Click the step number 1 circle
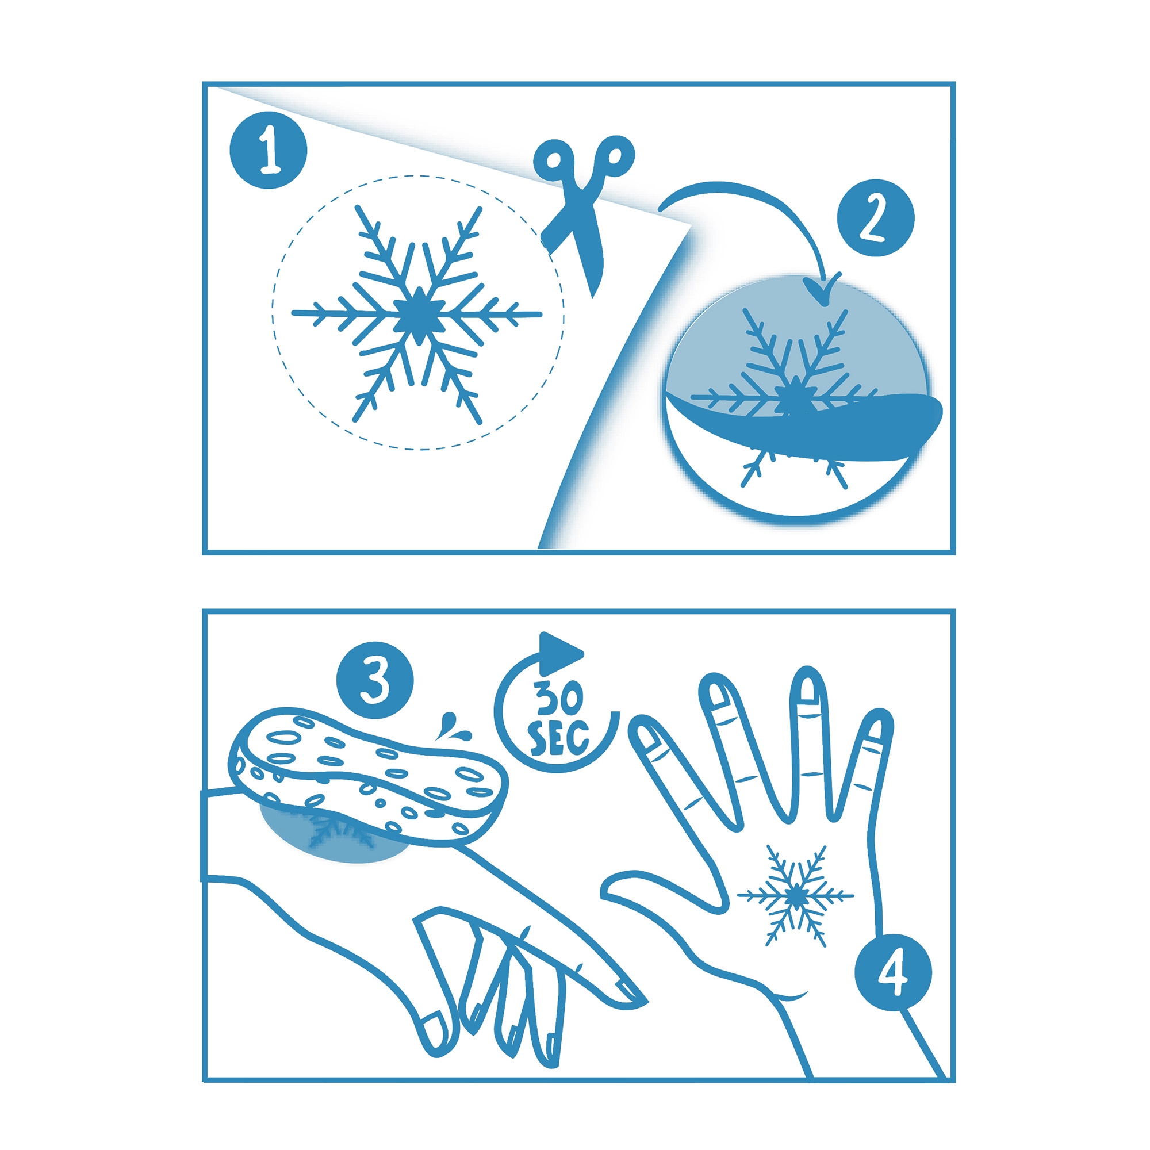[x=269, y=150]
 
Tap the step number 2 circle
[x=876, y=218]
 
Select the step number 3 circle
[x=375, y=680]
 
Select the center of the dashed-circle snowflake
[x=419, y=314]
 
